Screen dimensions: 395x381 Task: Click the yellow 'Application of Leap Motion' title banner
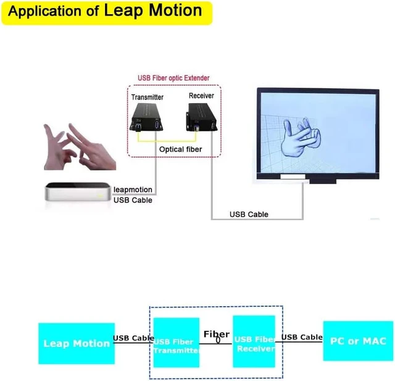107,13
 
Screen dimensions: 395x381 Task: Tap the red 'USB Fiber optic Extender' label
173,78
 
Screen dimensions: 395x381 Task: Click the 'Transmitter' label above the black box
148,98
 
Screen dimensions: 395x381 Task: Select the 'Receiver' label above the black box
201,96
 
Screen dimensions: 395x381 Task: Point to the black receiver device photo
202,117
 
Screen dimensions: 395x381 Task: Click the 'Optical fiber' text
180,149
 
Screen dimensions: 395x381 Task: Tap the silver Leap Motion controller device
78,192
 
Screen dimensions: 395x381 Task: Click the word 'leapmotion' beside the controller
133,190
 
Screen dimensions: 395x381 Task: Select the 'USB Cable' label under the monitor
249,214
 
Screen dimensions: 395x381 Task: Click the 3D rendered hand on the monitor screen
301,136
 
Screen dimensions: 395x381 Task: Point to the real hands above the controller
80,146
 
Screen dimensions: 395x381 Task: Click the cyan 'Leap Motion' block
77,343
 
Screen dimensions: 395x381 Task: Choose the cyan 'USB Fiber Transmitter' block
177,343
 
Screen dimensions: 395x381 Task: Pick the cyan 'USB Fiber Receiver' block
254,341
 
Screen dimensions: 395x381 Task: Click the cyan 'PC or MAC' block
358,341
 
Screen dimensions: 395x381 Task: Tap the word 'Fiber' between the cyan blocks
217,335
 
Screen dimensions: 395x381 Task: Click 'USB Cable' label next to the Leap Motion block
133,338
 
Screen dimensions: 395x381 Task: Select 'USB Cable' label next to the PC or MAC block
302,337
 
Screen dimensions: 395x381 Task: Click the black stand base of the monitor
323,181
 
